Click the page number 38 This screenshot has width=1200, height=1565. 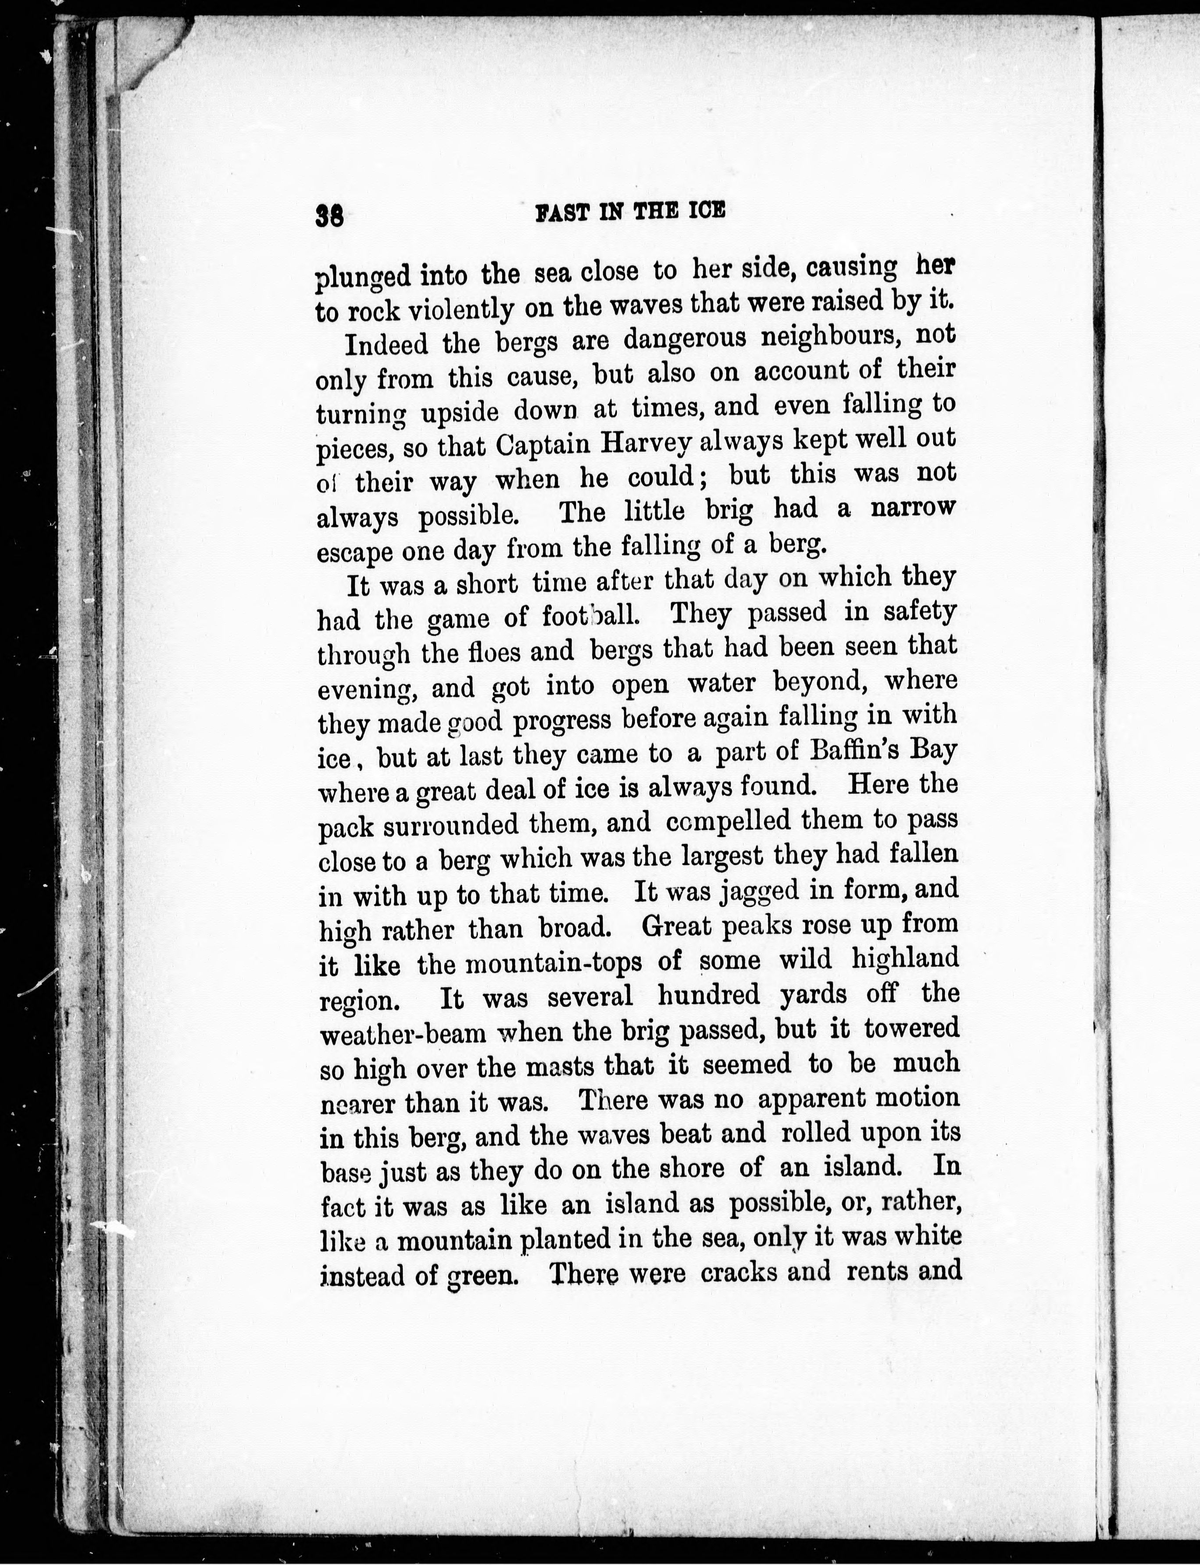tap(330, 216)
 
